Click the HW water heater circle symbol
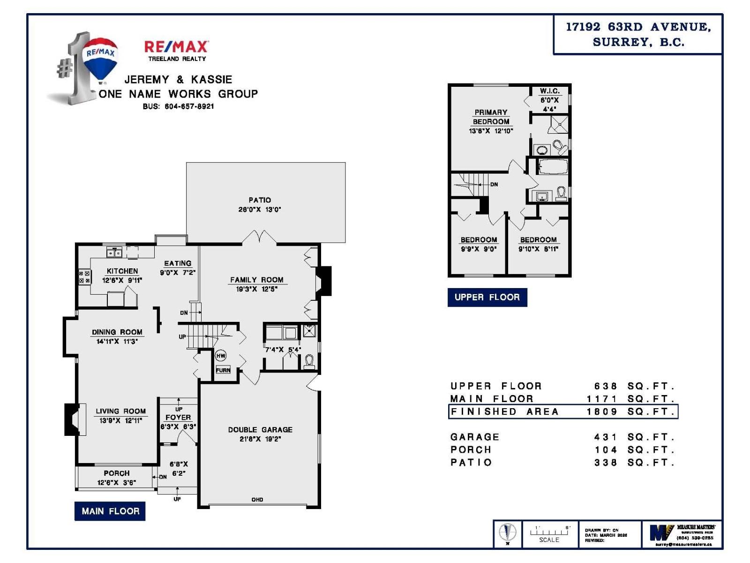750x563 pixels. [x=221, y=356]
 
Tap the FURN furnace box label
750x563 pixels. [x=223, y=370]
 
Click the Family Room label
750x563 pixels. [x=256, y=280]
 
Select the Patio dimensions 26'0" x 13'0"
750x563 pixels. [x=259, y=210]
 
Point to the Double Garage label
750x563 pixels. [x=260, y=430]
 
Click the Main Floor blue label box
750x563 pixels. [x=110, y=511]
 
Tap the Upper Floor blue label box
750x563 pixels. [x=487, y=297]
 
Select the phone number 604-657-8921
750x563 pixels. [x=189, y=107]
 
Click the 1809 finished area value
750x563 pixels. [x=602, y=411]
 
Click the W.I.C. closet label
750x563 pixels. [x=549, y=91]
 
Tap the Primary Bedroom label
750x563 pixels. [x=491, y=117]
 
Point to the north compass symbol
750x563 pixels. [x=507, y=533]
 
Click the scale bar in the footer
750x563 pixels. [x=549, y=532]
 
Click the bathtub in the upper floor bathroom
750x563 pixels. [x=553, y=167]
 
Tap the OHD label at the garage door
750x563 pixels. [x=257, y=500]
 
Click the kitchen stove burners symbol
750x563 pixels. [x=84, y=277]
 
